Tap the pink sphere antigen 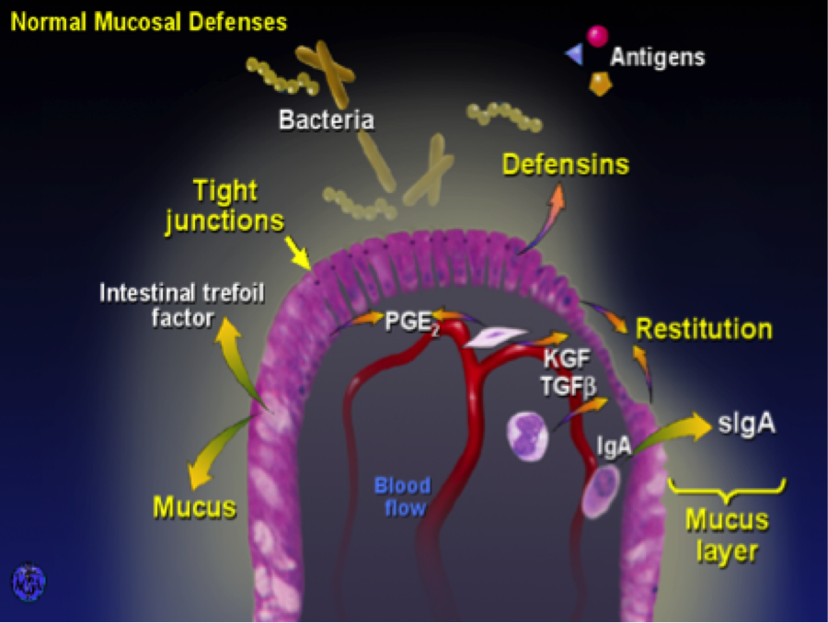click(x=597, y=36)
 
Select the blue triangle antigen click(x=575, y=55)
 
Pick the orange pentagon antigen click(x=601, y=84)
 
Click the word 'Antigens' click(x=658, y=57)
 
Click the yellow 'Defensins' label click(x=565, y=164)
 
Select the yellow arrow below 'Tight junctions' click(x=298, y=250)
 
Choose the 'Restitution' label click(x=704, y=329)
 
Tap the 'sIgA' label click(x=746, y=425)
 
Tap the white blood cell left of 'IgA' click(x=528, y=435)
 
